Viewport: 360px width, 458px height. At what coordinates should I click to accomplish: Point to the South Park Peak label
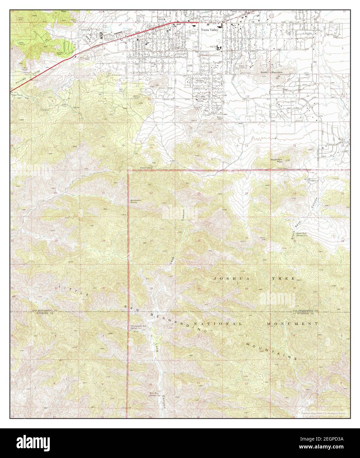(277, 160)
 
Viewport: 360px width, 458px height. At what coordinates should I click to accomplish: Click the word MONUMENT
(292, 324)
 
